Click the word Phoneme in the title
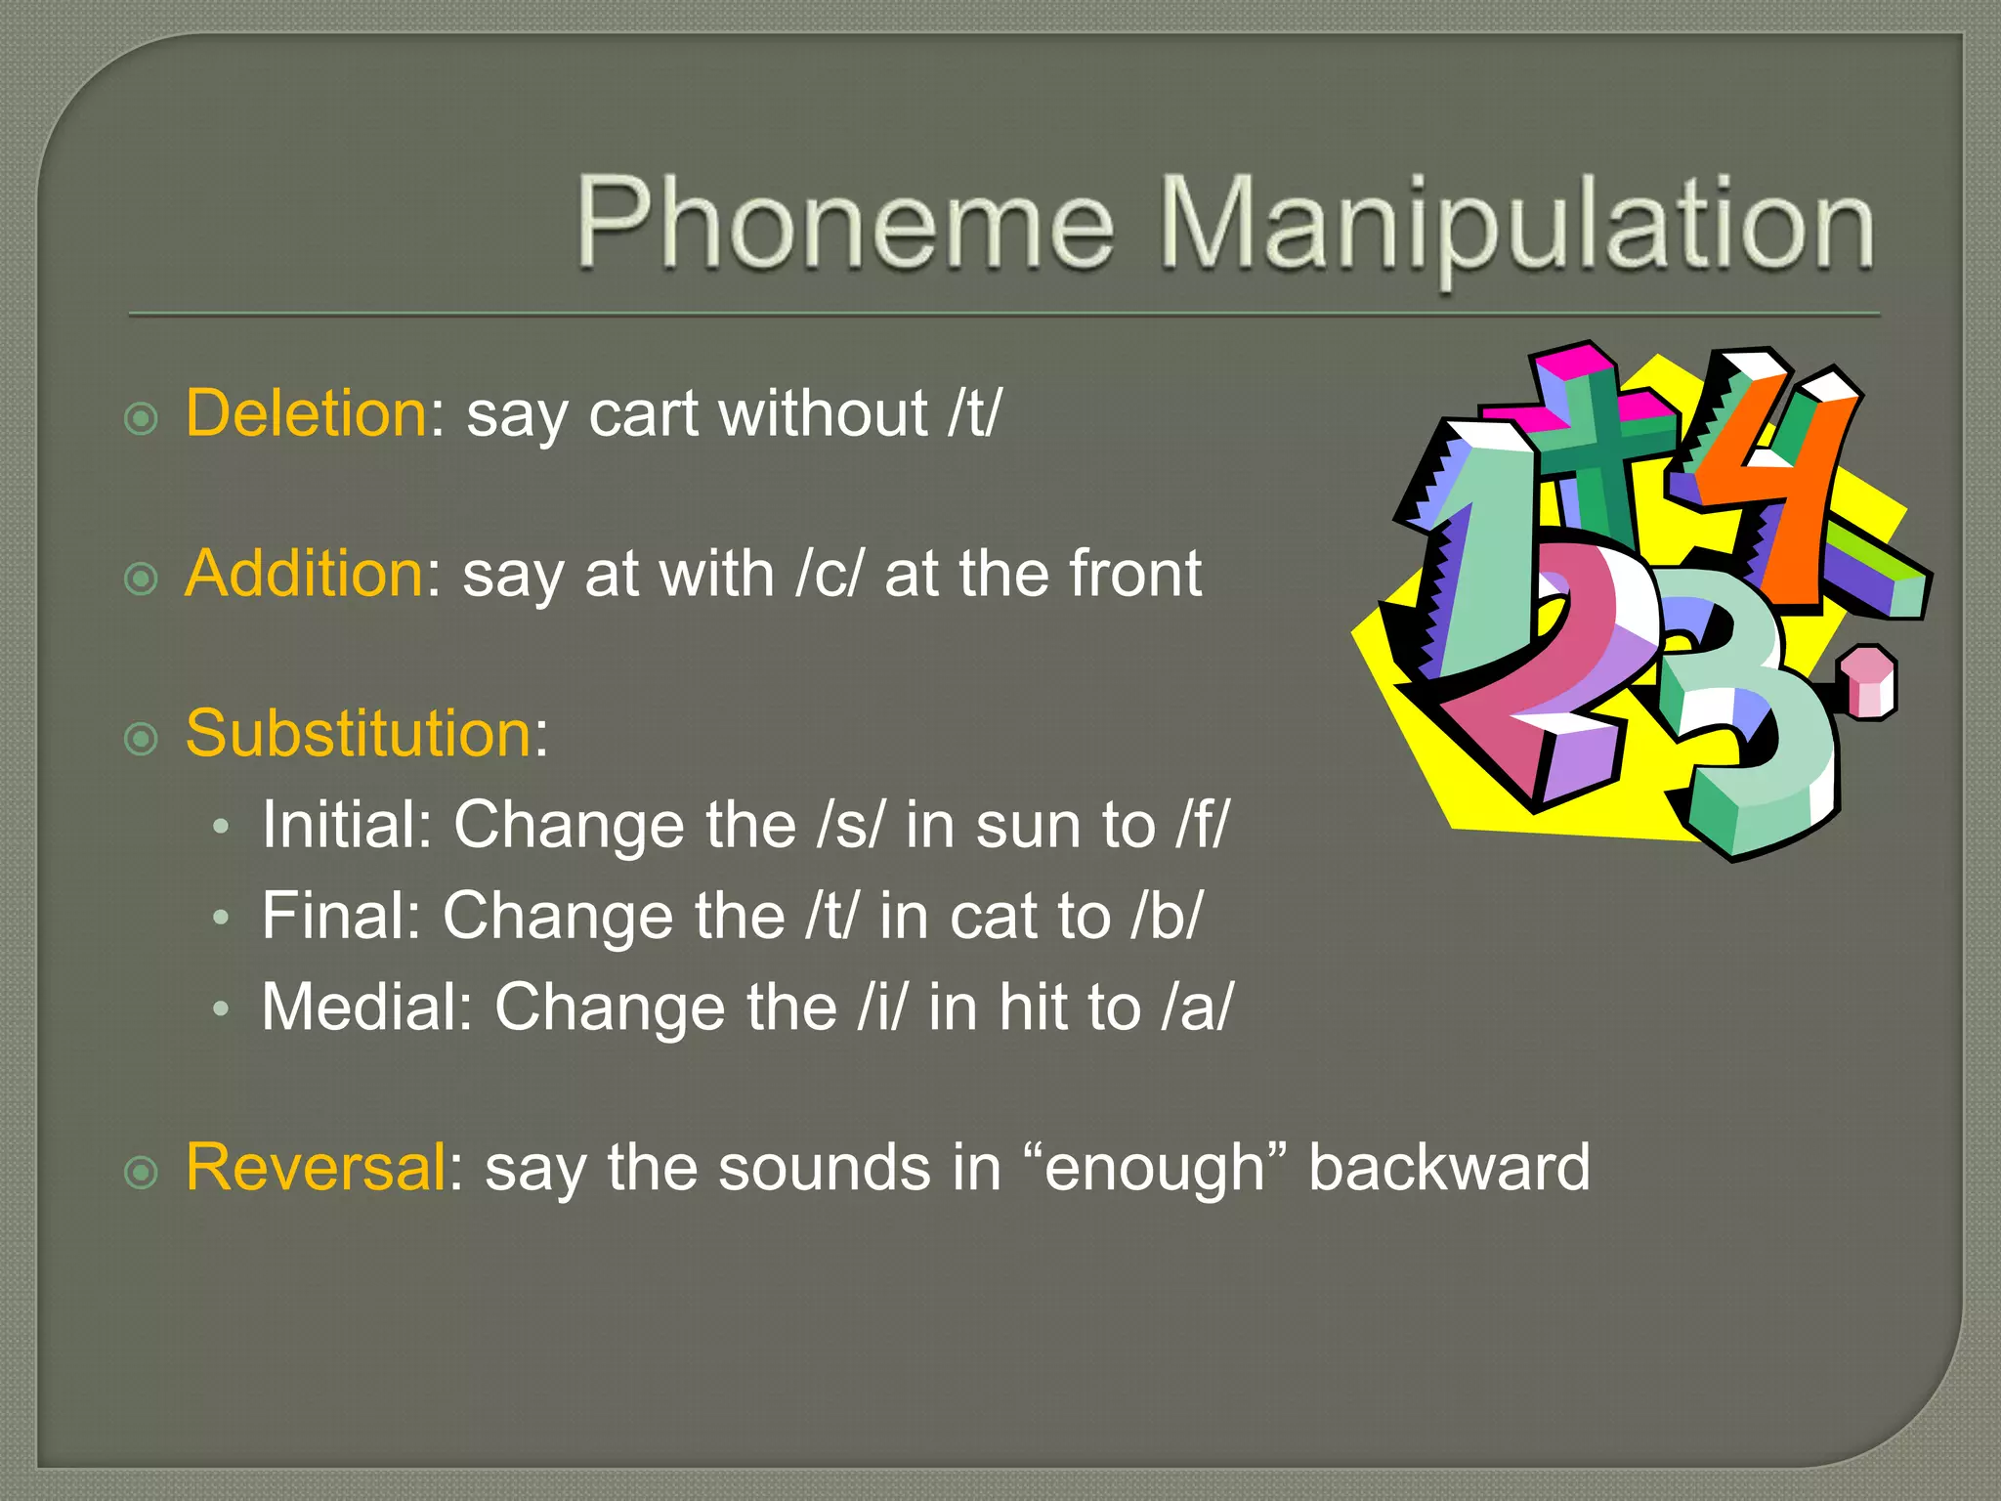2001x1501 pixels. tap(845, 223)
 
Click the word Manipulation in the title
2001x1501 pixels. tap(1516, 227)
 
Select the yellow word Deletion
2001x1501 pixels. tap(306, 413)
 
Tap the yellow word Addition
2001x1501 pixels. tap(304, 574)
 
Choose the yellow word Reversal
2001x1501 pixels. tap(316, 1168)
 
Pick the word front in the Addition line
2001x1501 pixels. tap(1135, 574)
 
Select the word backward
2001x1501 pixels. tap(1449, 1168)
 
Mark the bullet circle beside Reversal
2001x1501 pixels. tap(142, 1172)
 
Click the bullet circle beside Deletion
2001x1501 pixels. tap(142, 419)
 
